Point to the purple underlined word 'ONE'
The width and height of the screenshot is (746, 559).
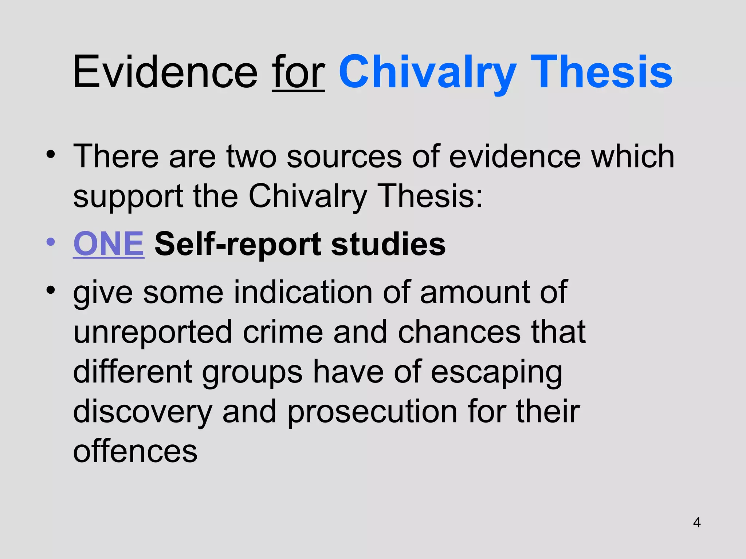(109, 244)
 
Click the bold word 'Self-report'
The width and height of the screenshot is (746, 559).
(237, 245)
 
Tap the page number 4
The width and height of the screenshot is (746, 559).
(697, 523)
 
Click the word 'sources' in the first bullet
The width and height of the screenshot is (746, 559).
(344, 156)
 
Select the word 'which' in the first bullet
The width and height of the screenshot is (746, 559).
(633, 156)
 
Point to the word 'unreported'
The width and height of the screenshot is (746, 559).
(153, 333)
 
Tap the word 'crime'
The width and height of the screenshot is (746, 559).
(283, 332)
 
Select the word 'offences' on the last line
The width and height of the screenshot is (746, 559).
(135, 452)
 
